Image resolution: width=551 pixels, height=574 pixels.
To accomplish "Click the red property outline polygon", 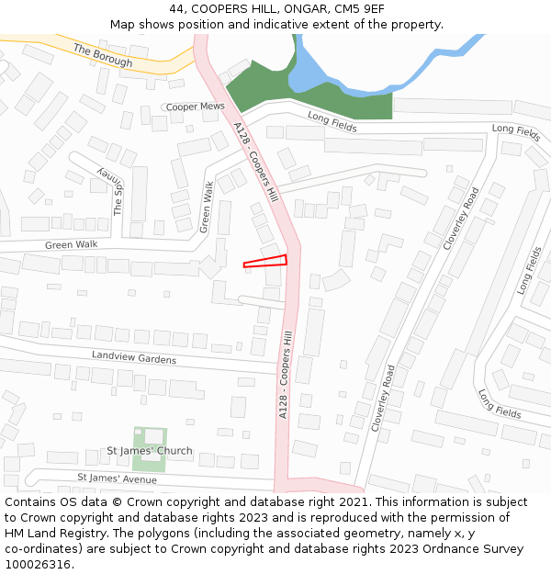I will coord(266,261).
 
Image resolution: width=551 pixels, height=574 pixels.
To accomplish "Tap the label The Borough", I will coord(103,56).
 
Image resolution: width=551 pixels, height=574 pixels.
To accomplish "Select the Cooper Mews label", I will coord(195,107).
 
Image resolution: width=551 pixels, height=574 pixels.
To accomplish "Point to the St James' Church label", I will coord(150,451).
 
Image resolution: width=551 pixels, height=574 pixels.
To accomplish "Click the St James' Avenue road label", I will coord(117,478).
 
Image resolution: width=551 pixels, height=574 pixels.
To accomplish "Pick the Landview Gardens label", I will coord(133,357).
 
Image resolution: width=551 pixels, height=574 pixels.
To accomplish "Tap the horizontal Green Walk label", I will coord(71,245).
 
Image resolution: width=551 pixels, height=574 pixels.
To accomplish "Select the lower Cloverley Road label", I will coord(384,398).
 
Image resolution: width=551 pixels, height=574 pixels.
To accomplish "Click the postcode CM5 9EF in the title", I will coord(359,8).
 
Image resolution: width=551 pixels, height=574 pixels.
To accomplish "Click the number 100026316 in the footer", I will coord(39,564).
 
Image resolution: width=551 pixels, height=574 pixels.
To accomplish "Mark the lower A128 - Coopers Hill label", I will coord(286,377).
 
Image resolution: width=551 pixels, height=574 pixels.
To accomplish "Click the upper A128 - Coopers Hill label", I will coord(255,163).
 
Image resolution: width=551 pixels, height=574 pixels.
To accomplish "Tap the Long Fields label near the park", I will coord(331,118).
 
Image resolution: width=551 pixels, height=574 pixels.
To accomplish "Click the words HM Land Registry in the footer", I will coord(52,533).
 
